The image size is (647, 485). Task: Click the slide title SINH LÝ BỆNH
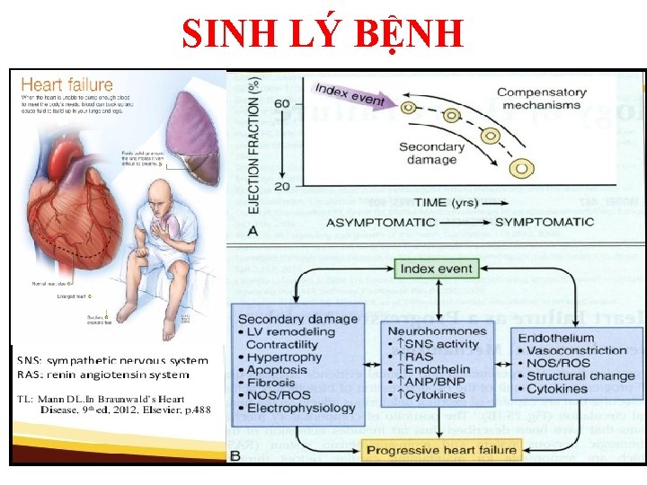[x=323, y=35]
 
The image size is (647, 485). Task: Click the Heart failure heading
[x=67, y=86]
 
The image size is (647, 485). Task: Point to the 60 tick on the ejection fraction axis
[x=282, y=104]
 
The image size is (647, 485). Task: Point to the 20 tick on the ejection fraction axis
[x=282, y=186]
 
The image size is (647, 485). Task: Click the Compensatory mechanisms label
[x=542, y=99]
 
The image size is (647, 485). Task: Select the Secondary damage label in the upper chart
[x=431, y=154]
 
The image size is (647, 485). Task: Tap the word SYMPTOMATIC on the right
[x=545, y=222]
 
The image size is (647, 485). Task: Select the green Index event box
[x=436, y=269]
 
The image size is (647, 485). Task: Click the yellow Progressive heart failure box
[x=440, y=450]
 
